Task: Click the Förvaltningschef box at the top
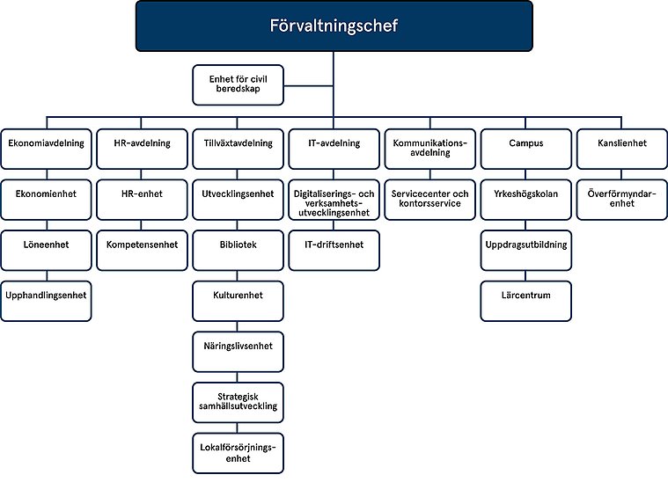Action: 334,26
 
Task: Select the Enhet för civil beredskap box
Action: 238,84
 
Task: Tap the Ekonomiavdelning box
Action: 45,143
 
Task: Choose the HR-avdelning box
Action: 141,143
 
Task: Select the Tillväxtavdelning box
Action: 238,143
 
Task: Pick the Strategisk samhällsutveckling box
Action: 238,400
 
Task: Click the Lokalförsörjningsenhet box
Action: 238,452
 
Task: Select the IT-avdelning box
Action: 334,143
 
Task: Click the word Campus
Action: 526,143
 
